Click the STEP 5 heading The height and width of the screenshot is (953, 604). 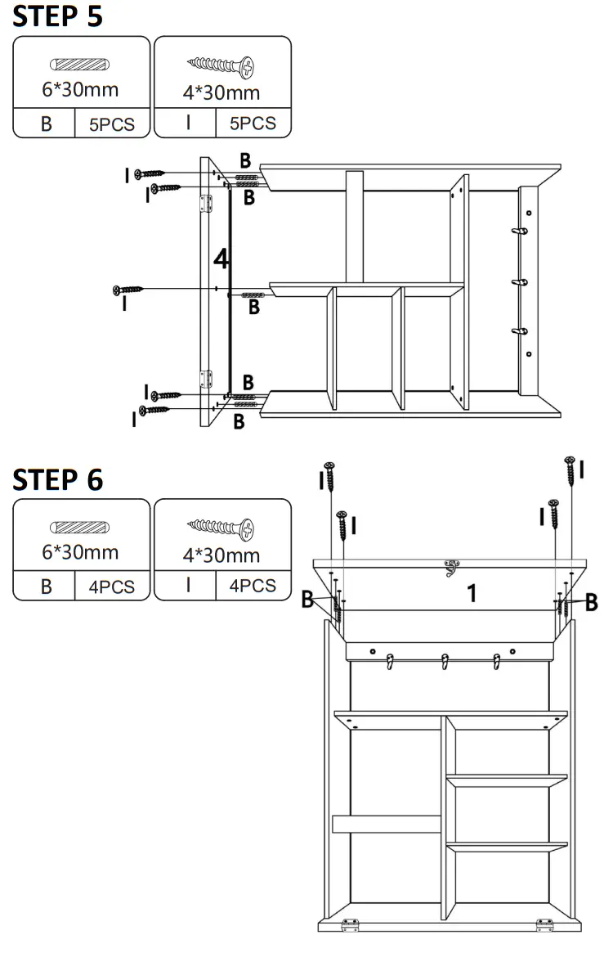click(58, 16)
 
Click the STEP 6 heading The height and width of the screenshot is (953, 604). click(58, 480)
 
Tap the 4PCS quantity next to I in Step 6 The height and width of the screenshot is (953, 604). click(253, 586)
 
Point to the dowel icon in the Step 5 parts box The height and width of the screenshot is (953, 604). click(81, 65)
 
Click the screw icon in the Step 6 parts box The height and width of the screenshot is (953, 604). click(221, 528)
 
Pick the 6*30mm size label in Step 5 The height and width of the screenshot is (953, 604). click(81, 90)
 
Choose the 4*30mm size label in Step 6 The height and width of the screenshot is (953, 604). click(221, 555)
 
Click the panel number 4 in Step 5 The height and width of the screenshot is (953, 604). click(221, 260)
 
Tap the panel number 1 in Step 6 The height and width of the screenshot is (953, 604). click(472, 593)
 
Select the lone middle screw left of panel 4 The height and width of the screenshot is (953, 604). click(128, 290)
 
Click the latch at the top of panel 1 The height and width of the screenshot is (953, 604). click(450, 567)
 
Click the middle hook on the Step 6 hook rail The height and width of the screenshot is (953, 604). click(445, 661)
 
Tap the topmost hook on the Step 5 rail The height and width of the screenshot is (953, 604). click(517, 234)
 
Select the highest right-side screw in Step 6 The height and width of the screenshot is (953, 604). click(569, 472)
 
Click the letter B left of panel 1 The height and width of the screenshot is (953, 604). click(307, 600)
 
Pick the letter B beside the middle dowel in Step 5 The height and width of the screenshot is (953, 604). click(254, 308)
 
